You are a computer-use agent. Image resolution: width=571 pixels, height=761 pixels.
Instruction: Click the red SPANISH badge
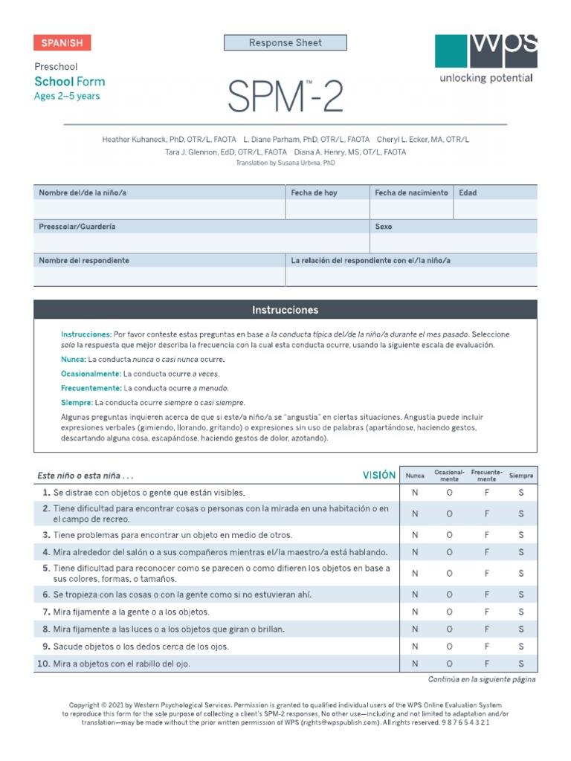tap(62, 43)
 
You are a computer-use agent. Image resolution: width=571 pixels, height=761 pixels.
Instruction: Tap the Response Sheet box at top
tap(285, 43)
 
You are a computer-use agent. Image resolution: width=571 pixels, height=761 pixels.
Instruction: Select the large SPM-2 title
tap(285, 97)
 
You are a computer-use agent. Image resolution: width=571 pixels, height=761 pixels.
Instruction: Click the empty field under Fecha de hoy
tap(328, 210)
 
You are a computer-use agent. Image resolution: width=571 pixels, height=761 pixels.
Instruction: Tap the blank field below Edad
tap(495, 210)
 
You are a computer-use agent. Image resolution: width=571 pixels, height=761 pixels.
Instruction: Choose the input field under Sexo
tap(454, 243)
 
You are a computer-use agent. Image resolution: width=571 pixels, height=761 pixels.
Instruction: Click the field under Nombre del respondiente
tap(159, 277)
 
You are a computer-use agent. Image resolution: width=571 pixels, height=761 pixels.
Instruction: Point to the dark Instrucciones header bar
tap(285, 310)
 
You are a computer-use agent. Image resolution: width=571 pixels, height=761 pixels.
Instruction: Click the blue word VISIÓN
tap(378, 475)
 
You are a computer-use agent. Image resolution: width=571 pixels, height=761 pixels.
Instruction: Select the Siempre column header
tap(521, 476)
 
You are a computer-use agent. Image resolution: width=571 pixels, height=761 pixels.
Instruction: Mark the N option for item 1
tap(415, 493)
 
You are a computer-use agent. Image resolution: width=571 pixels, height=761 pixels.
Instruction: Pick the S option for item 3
tap(521, 535)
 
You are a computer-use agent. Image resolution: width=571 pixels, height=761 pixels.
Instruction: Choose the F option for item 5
tap(486, 574)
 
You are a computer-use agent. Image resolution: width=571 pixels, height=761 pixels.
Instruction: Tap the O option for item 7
tap(450, 612)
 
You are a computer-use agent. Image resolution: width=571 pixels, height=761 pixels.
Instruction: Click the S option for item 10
tap(521, 664)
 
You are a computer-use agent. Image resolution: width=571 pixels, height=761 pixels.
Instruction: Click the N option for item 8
tap(415, 629)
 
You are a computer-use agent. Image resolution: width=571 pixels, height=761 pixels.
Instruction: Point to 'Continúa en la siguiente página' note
tap(482, 679)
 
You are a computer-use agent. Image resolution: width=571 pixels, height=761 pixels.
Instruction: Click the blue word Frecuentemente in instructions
tap(91, 388)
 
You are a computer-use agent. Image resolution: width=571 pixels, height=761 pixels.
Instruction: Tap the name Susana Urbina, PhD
tap(305, 163)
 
